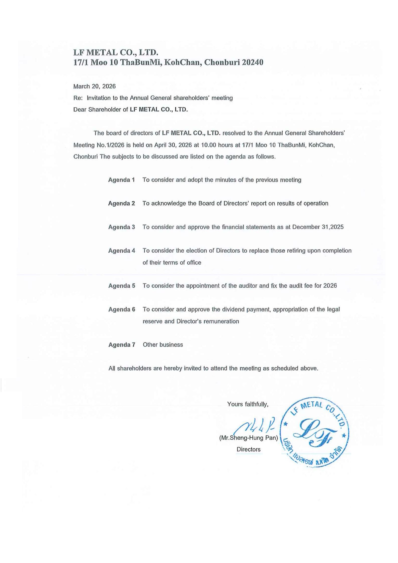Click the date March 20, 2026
[94, 87]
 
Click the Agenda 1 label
[121, 180]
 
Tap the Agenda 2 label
[121, 203]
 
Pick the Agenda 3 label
[121, 227]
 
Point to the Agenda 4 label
[121, 251]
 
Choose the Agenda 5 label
[121, 286]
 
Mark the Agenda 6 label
[121, 309]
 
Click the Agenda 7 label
[121, 345]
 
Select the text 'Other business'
[163, 345]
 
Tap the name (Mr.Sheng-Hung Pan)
[248, 438]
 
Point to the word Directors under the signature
[248, 449]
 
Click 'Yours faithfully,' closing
[248, 404]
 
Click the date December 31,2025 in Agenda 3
[318, 227]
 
